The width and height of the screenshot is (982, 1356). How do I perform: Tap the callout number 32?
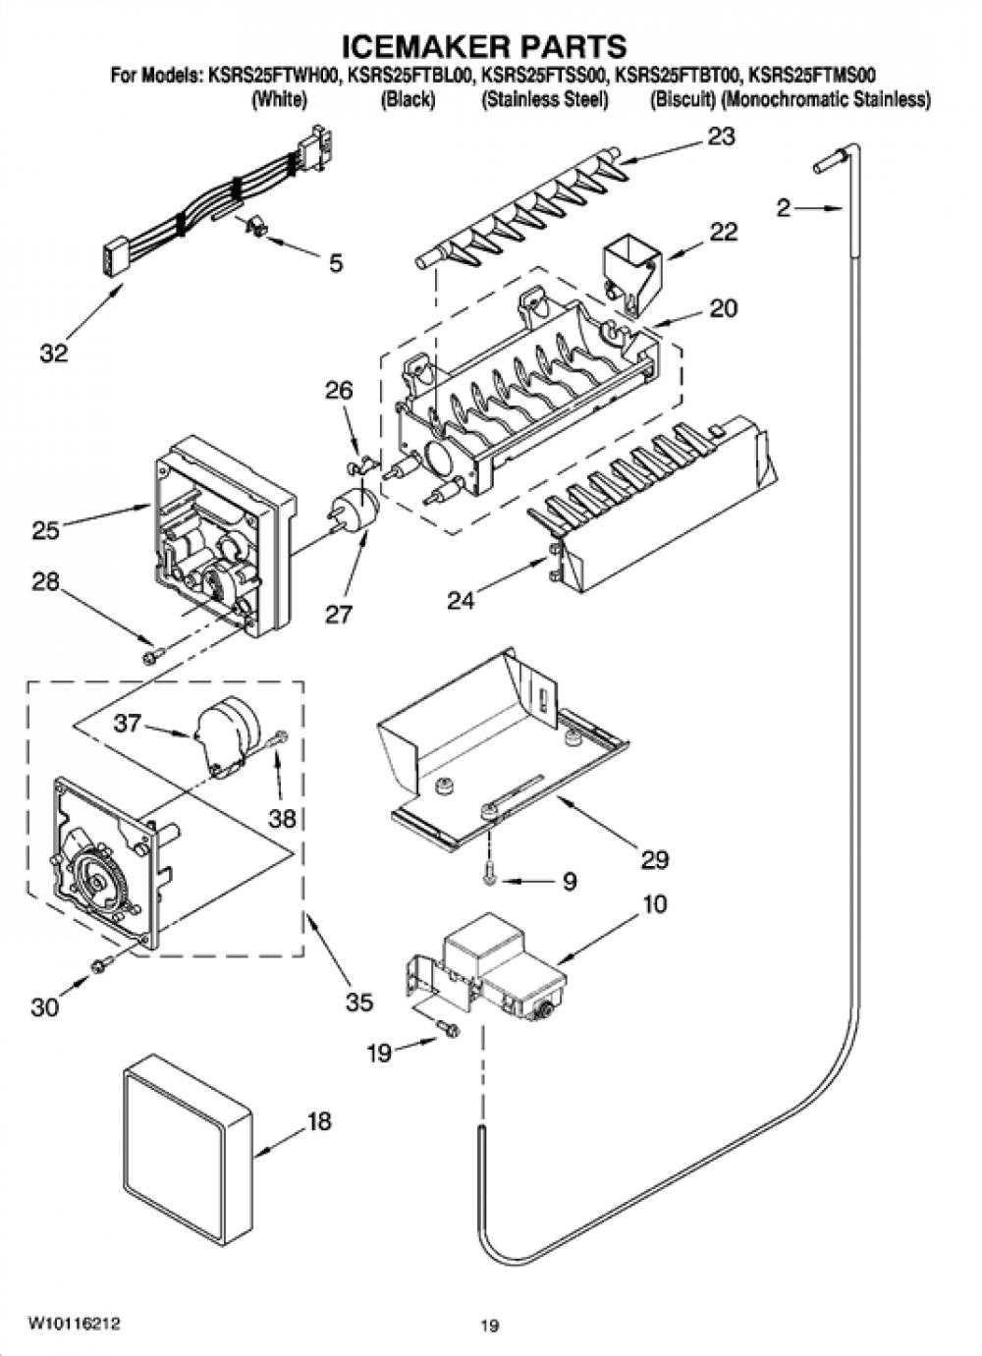point(54,353)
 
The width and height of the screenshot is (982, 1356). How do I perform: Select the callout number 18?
point(319,1121)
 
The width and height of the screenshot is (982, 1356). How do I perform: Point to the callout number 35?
point(358,1003)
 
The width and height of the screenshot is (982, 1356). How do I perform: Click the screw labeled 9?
point(490,877)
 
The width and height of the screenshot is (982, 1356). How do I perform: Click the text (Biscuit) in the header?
point(682,99)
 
